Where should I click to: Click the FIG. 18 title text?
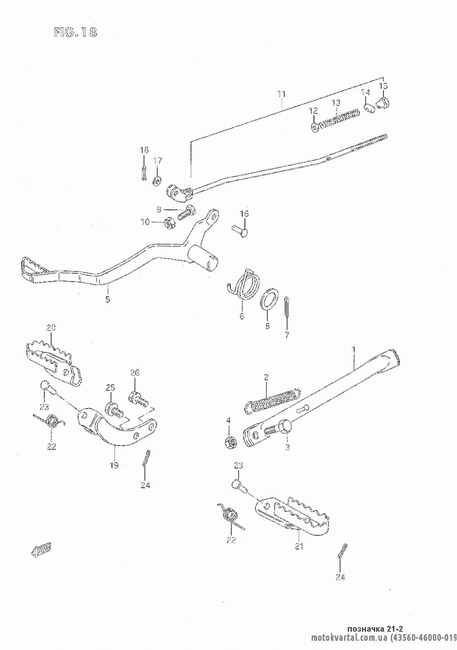75,33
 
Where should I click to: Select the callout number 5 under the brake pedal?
107,300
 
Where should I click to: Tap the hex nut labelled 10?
167,222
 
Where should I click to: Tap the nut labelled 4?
231,442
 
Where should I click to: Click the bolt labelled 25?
114,409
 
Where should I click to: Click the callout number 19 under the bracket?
114,465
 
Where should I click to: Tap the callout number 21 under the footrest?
299,546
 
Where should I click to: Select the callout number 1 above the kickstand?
353,349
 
